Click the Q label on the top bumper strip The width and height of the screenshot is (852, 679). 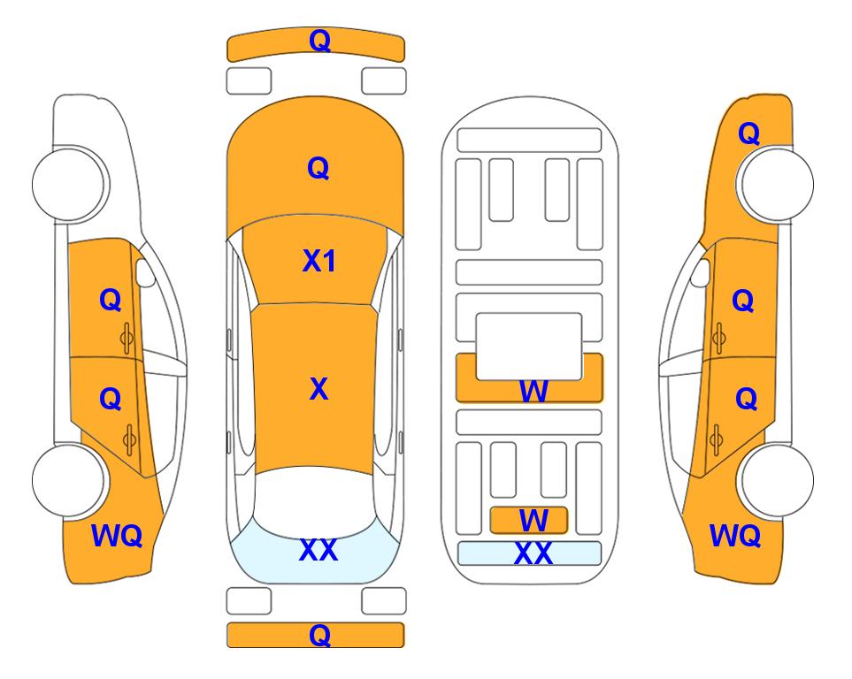tap(319, 41)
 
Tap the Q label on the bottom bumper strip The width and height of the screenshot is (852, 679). tap(319, 635)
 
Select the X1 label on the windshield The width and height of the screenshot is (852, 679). tap(319, 262)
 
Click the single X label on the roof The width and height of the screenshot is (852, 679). tap(319, 389)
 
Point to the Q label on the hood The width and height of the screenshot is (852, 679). tap(319, 168)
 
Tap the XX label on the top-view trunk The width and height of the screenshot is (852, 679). tap(319, 550)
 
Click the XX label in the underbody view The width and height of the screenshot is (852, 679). tap(533, 553)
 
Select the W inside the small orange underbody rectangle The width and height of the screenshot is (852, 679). tap(533, 521)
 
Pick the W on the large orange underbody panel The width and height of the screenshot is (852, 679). tap(533, 391)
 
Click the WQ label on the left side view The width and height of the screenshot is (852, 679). tap(117, 536)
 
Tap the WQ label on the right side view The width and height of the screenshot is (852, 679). tap(735, 536)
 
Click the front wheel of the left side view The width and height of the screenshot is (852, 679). tap(69, 184)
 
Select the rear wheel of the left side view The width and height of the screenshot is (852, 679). tap(69, 480)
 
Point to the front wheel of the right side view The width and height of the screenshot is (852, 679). tap(776, 184)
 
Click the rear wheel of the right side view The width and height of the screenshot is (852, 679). tap(776, 480)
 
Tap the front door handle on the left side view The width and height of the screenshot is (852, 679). tap(127, 338)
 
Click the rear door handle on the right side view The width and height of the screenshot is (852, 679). tap(716, 439)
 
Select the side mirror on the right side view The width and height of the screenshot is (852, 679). tap(701, 273)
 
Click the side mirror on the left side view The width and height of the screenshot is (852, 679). tap(145, 273)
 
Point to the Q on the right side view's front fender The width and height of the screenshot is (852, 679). tap(748, 134)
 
